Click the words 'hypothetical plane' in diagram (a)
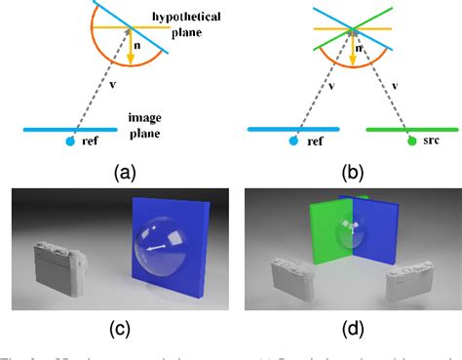[195, 25]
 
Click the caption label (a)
[124, 173]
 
